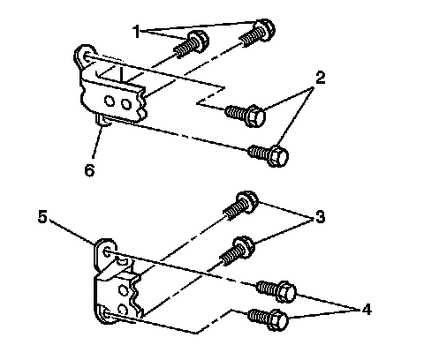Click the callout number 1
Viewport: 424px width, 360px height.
pyautogui.click(x=136, y=32)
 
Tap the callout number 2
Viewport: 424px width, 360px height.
pyautogui.click(x=320, y=78)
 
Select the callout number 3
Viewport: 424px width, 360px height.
pyautogui.click(x=320, y=217)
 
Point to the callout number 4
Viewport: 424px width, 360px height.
pyautogui.click(x=366, y=310)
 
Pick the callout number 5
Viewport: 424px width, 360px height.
pyautogui.click(x=42, y=217)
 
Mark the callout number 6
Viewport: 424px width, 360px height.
pyautogui.click(x=89, y=170)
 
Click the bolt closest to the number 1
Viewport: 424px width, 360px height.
pyautogui.click(x=192, y=45)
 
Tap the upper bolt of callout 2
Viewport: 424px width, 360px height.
pyautogui.click(x=246, y=115)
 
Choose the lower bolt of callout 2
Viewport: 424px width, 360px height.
pyautogui.click(x=268, y=155)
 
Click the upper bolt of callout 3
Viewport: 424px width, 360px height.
pyautogui.click(x=241, y=206)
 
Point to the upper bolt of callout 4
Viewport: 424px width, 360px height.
pyautogui.click(x=276, y=290)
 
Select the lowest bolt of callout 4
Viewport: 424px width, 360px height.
pyautogui.click(x=268, y=319)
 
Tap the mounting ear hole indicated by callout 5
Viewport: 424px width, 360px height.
pyautogui.click(x=108, y=252)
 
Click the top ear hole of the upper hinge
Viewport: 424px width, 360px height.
pyautogui.click(x=87, y=56)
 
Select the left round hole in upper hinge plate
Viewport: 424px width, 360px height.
pyautogui.click(x=110, y=101)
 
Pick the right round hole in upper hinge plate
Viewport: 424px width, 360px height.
pyautogui.click(x=126, y=104)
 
